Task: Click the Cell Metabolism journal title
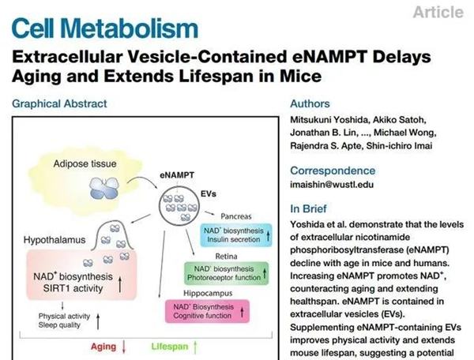(105, 29)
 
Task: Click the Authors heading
(310, 103)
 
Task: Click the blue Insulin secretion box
(235, 235)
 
